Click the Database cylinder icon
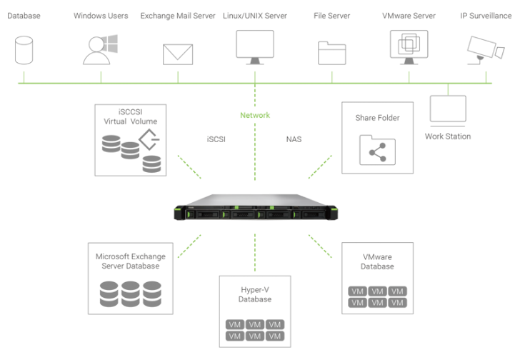24,51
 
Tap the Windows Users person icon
99,50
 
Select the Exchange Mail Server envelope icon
177,54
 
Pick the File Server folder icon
331,54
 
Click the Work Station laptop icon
448,111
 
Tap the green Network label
255,115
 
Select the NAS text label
293,139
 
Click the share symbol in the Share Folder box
377,150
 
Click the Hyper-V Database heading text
255,295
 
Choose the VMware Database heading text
377,261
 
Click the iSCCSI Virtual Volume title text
131,116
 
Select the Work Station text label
448,136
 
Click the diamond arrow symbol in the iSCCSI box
149,139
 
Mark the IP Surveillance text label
485,15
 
